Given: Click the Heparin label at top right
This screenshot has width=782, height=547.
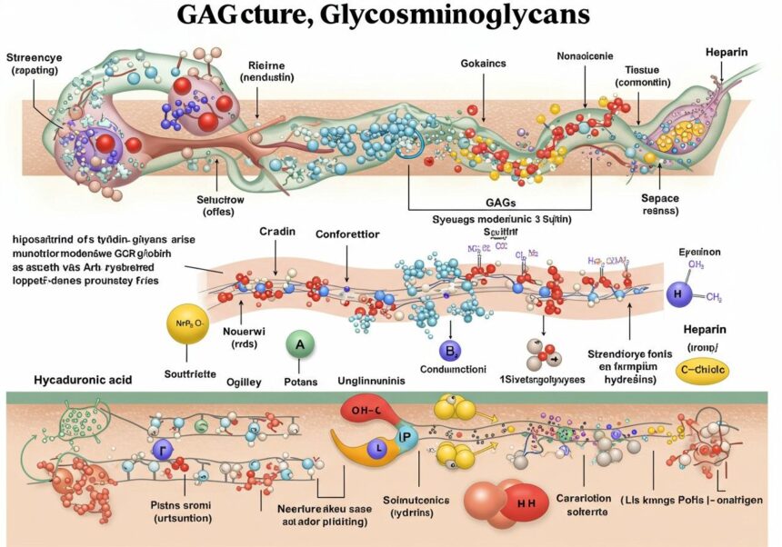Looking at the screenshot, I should [727, 52].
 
